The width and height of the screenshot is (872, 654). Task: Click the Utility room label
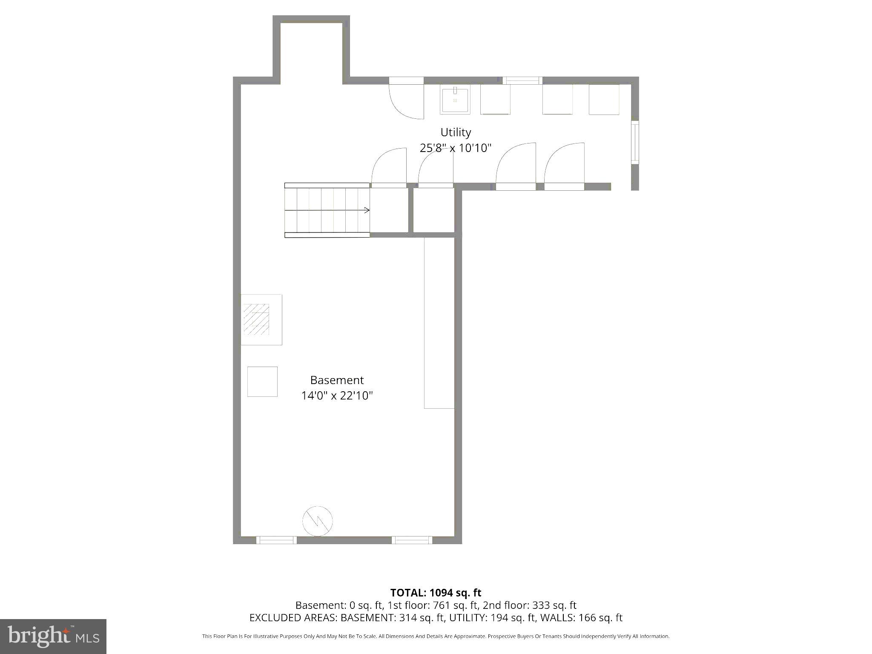point(456,132)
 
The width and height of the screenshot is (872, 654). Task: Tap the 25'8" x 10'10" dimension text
point(456,148)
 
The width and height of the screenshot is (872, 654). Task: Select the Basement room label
point(337,380)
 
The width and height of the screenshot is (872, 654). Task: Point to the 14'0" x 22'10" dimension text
point(337,396)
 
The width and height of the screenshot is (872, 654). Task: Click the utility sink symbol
point(455,100)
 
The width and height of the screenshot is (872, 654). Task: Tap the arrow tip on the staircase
point(368,210)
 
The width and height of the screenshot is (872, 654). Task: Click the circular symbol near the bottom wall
point(317,521)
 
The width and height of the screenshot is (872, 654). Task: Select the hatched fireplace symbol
point(256,319)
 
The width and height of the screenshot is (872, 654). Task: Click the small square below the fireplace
point(262,381)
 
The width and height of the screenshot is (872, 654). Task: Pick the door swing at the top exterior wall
point(406,100)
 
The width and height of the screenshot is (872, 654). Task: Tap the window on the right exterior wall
point(635,142)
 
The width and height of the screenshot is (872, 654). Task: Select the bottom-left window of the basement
point(276,540)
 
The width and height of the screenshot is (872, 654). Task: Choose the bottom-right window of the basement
point(412,540)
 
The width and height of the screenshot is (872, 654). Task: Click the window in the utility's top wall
point(522,80)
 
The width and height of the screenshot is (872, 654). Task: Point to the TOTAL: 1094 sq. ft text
point(436,593)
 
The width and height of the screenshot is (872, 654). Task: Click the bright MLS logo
point(53,636)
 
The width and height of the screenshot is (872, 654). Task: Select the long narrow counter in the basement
point(439,323)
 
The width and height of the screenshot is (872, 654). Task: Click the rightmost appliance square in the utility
point(604,100)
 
